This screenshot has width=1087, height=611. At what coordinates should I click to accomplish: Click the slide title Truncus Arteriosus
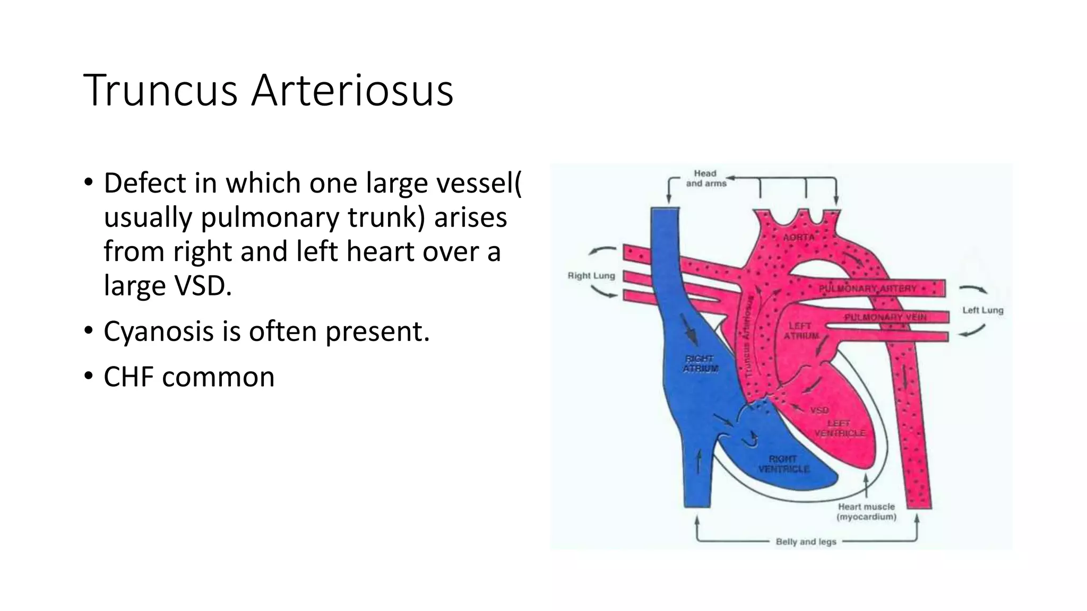[x=268, y=91]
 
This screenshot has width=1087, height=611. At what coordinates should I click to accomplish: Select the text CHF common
[x=189, y=377]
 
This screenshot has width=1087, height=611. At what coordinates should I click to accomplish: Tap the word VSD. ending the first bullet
[x=204, y=286]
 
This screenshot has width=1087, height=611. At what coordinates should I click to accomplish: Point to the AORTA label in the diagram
[x=799, y=238]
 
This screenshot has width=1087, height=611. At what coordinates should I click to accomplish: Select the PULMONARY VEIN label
[x=885, y=317]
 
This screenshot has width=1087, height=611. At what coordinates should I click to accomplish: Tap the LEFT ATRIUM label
[x=800, y=331]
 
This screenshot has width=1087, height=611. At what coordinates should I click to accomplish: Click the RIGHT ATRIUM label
[x=700, y=364]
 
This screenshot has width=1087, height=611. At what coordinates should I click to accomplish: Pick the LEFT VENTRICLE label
[x=839, y=428]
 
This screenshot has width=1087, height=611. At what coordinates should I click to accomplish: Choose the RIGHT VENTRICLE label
[x=783, y=464]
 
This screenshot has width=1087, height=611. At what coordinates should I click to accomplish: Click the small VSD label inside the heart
[x=819, y=410]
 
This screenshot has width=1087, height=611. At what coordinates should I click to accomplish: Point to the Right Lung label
[x=591, y=276]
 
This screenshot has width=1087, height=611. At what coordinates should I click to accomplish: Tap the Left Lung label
[x=983, y=310]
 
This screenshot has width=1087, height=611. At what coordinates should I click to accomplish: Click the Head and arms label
[x=706, y=178]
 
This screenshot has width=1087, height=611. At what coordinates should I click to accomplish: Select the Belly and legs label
[x=806, y=542]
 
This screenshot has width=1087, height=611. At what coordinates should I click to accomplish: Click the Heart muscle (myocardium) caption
[x=866, y=511]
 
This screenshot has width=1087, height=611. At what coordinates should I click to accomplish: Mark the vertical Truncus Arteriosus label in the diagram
[x=749, y=337]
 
